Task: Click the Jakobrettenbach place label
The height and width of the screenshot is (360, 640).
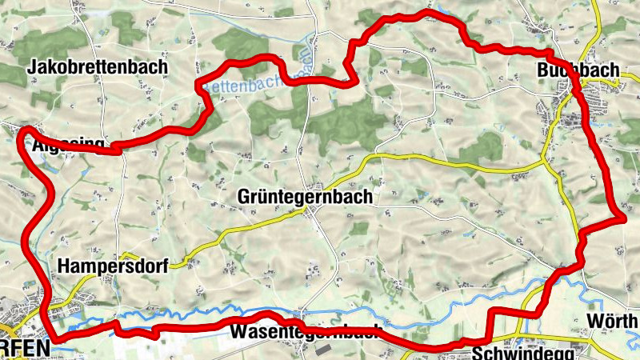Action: pos(97,67)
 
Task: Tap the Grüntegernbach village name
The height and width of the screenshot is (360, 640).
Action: pos(305,198)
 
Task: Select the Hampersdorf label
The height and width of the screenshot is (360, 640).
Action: pos(113,266)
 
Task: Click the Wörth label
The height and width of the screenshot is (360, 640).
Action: pos(612,322)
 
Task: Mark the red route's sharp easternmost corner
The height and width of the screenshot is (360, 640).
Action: pos(623,215)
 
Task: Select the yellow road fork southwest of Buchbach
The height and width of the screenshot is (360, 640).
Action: pos(545,163)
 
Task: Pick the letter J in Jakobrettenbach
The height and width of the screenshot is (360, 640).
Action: pos(31,67)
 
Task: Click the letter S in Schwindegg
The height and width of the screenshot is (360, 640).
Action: pos(478,353)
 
